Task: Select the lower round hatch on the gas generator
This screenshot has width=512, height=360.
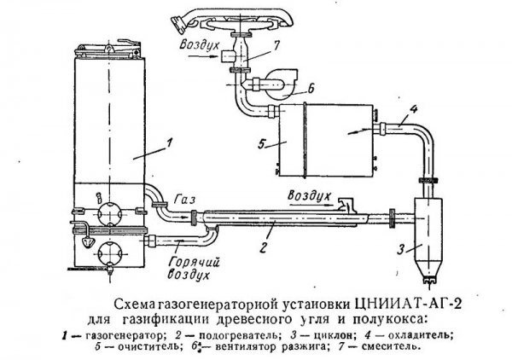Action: [x=110, y=253]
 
